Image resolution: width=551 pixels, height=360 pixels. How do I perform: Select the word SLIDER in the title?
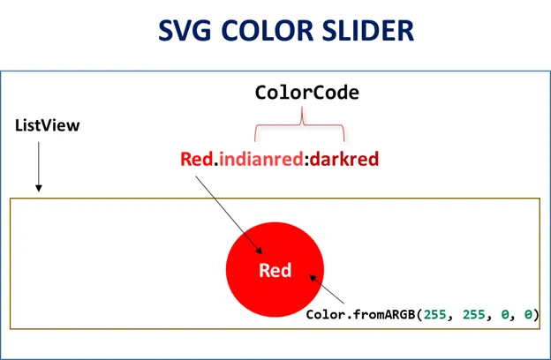click(x=365, y=30)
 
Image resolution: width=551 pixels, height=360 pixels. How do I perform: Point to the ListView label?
click(x=48, y=125)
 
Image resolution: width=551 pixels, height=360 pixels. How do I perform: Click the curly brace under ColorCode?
click(x=299, y=124)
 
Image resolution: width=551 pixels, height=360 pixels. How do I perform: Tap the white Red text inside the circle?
click(x=275, y=270)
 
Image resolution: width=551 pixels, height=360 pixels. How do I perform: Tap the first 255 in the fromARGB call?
click(x=435, y=315)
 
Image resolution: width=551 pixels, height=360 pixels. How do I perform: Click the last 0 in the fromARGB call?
click(x=529, y=315)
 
